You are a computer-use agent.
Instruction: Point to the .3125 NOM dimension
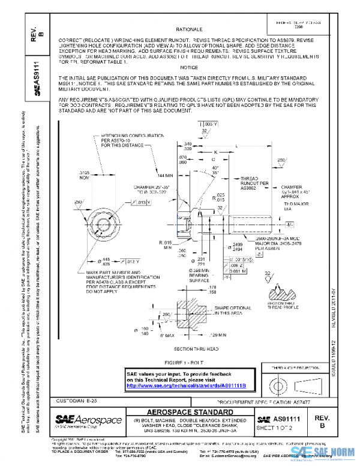coord(88,175)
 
